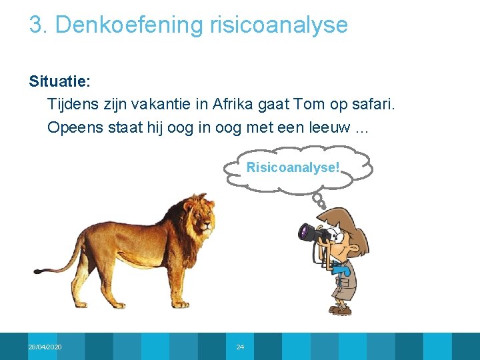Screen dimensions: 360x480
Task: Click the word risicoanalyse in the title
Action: pos(279,25)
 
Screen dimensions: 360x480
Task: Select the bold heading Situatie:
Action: pos(59,82)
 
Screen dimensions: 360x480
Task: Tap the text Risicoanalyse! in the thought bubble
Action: pos(294,167)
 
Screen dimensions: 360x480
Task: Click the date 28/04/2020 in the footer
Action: pos(45,347)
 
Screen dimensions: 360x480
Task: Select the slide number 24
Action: pos(240,347)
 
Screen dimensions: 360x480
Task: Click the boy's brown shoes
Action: pos(341,310)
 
